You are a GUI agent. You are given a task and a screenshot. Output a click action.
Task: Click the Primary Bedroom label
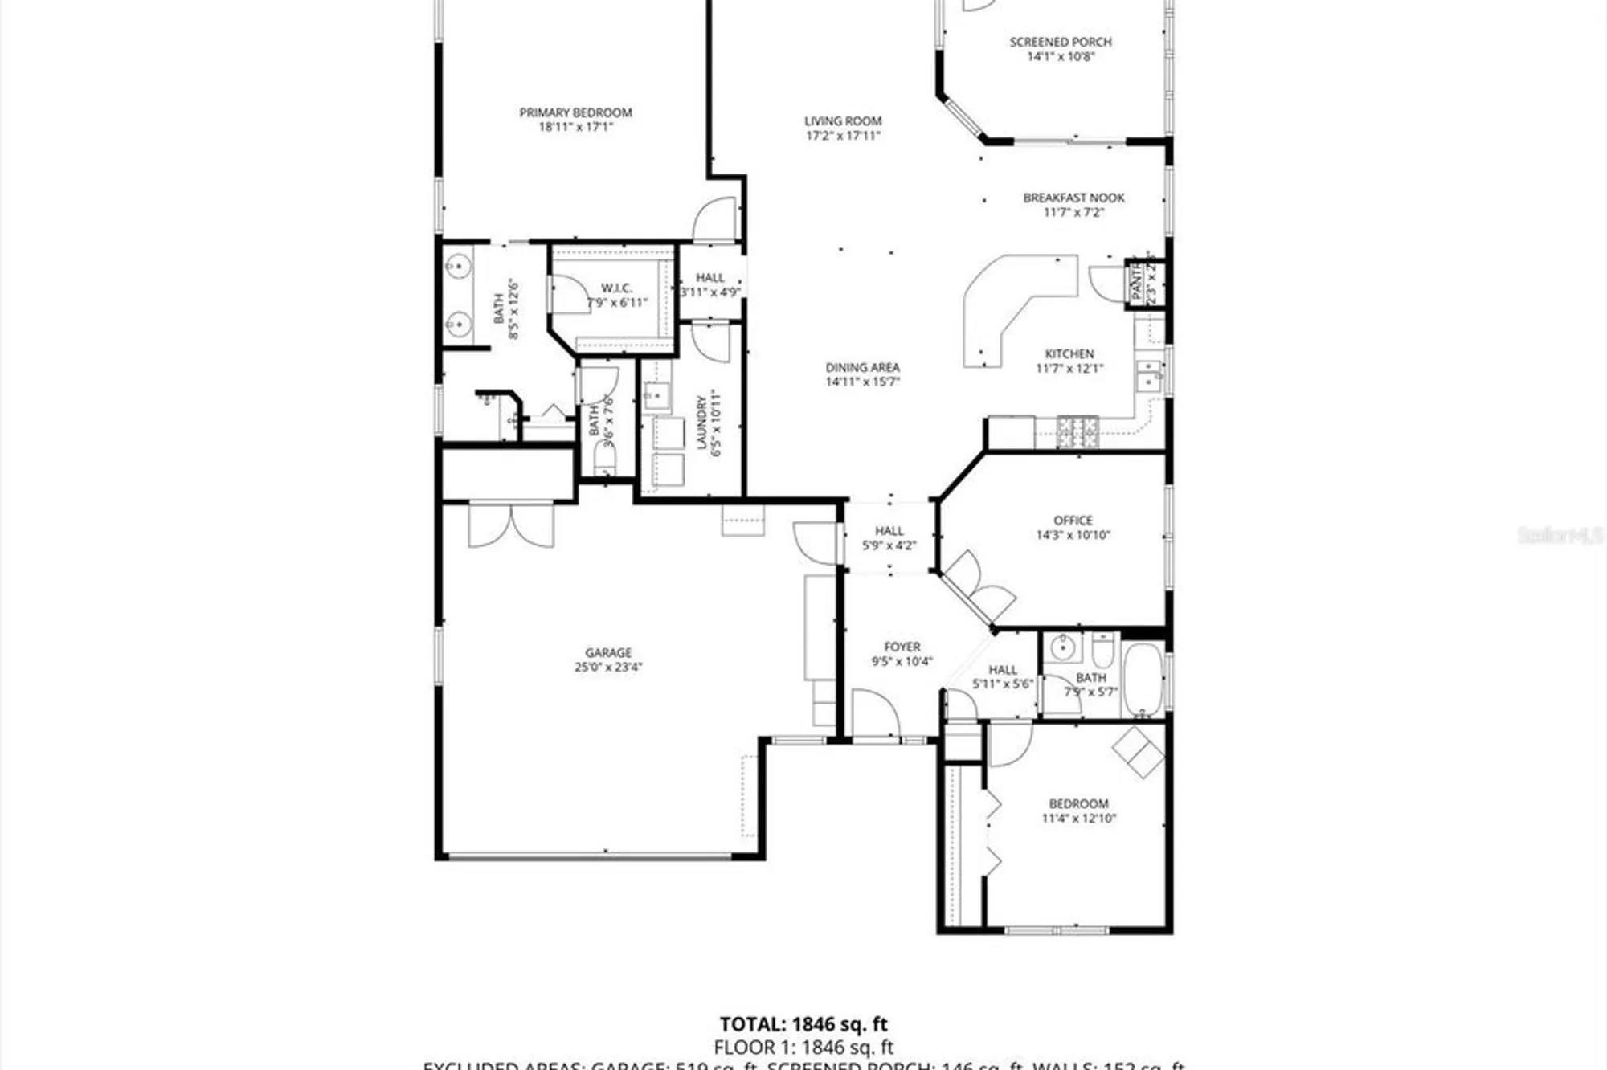(x=575, y=112)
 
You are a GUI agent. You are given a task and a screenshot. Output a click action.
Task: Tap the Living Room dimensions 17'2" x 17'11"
(x=843, y=136)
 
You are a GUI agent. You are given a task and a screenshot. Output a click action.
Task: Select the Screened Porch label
(x=1061, y=42)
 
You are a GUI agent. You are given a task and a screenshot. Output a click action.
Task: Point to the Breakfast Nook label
(x=1073, y=198)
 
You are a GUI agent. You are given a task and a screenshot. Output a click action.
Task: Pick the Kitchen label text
(x=1069, y=353)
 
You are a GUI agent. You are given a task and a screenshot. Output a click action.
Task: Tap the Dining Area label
(x=862, y=367)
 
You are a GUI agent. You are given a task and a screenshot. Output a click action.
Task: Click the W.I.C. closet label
(x=616, y=288)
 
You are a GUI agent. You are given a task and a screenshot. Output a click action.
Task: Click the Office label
(x=1073, y=521)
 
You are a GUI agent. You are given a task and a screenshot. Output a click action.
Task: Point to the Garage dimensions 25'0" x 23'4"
(x=608, y=667)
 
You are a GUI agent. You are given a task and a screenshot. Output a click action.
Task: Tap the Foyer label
(x=902, y=647)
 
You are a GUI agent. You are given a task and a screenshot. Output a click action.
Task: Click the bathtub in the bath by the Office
(x=1142, y=680)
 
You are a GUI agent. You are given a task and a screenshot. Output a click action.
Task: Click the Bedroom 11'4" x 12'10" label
(x=1078, y=804)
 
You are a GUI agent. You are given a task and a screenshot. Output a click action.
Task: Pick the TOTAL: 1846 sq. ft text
(x=803, y=1024)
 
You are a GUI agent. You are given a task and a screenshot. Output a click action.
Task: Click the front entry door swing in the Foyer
(x=874, y=713)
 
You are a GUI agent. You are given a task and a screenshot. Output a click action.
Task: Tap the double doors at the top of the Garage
(x=511, y=525)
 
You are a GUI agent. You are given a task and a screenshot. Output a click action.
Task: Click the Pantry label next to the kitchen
(x=1136, y=282)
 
